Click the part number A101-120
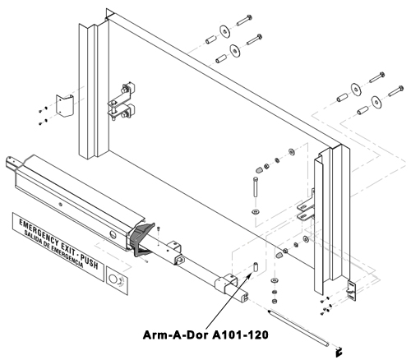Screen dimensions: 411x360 (x=241, y=335)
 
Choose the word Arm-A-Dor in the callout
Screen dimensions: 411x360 (x=176, y=335)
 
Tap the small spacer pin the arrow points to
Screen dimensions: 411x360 (x=256, y=267)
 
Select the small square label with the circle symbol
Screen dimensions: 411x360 (x=117, y=280)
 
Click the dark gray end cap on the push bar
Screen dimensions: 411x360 (x=141, y=239)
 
